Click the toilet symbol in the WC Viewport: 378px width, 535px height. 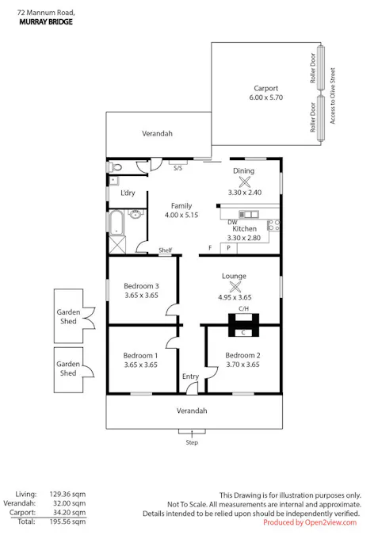115,167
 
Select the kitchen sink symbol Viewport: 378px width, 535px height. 249,214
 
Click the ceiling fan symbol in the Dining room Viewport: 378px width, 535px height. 244,182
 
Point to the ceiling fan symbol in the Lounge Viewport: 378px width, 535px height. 235,287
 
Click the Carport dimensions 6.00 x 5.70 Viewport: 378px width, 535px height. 265,97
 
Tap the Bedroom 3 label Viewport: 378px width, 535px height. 141,286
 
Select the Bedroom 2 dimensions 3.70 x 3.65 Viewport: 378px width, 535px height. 242,365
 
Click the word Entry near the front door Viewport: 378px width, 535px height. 190,376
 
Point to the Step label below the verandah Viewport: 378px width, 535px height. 192,442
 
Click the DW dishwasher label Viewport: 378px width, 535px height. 232,222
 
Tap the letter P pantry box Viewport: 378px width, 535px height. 228,248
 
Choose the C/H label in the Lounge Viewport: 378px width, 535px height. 243,309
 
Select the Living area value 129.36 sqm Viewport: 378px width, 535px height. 67,494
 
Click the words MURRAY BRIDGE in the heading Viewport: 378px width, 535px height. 46,22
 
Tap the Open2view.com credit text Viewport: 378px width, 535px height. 330,522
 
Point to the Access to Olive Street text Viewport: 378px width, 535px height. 333,96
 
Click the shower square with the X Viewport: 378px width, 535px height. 117,245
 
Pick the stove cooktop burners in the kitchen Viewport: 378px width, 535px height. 274,225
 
